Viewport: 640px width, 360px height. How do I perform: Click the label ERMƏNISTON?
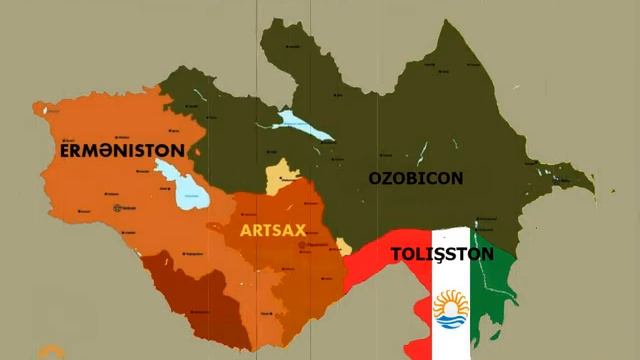[122, 150]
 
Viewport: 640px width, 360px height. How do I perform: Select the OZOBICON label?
[415, 178]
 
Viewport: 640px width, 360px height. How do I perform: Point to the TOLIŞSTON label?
[441, 254]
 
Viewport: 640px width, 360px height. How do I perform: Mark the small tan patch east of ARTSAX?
[344, 246]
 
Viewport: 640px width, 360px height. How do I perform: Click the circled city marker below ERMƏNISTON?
[121, 208]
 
